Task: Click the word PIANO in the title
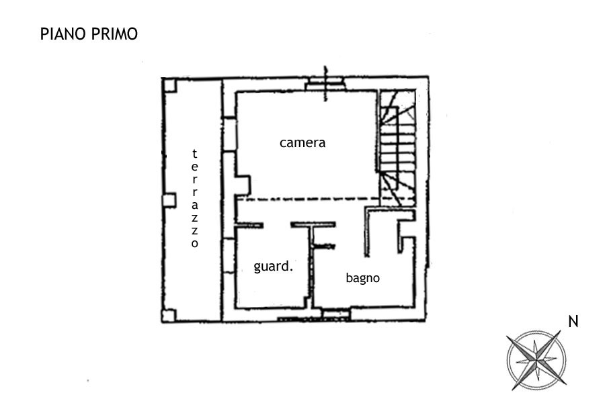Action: [63, 34]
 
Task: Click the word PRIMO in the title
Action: [114, 34]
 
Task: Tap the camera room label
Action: [302, 142]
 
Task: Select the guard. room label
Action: [273, 267]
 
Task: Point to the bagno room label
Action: [363, 278]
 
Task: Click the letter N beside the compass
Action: [573, 322]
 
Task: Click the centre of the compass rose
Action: [536, 360]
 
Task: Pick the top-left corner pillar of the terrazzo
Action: [169, 85]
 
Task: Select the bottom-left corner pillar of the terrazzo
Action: [169, 316]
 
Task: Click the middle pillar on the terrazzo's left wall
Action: [169, 201]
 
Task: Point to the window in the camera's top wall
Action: [325, 84]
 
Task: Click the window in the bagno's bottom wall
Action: [335, 314]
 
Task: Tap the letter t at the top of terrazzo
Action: [194, 154]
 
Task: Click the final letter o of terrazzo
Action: [195, 243]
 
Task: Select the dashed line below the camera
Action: [326, 199]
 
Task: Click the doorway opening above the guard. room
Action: [277, 225]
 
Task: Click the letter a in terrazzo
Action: [195, 205]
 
